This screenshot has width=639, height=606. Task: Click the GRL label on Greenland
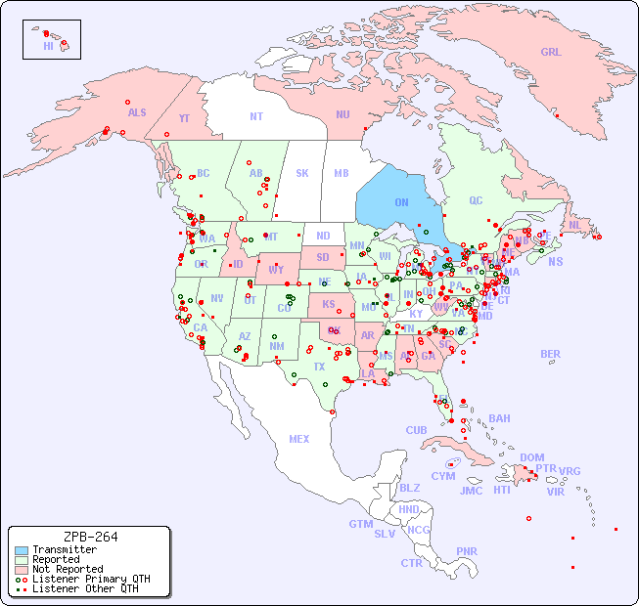pos(551,53)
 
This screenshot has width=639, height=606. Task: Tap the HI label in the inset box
pos(49,46)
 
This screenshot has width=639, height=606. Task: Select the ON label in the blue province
pos(401,202)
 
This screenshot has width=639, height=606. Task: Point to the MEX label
pos(299,439)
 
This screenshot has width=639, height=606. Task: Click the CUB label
pos(416,430)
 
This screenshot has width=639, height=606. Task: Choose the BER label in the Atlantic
pos(551,354)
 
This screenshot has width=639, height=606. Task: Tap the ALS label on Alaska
pos(137,112)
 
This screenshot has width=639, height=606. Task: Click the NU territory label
pos(342,114)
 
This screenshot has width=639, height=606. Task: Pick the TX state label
pos(319,367)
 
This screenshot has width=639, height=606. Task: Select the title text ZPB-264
pos(90,537)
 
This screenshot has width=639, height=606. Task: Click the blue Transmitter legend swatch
pos(22,550)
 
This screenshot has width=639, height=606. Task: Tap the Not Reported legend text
pos(68,569)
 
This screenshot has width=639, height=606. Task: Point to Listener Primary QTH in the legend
pos(91,579)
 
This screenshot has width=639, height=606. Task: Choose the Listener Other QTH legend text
pos(85,588)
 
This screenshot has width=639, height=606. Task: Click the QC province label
pos(476,200)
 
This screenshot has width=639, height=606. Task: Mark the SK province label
pos(302,173)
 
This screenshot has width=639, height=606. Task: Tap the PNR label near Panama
pos(467,551)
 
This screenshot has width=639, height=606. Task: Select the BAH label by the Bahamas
pos(499,418)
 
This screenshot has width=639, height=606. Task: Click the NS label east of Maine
pos(556,261)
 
